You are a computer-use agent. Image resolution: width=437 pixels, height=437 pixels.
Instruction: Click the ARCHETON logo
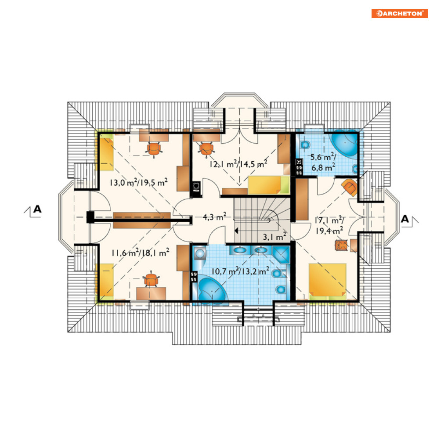400,13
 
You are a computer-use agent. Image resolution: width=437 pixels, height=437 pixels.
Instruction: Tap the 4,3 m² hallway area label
214,217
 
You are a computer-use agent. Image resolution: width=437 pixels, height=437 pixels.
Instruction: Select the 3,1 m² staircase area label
274,237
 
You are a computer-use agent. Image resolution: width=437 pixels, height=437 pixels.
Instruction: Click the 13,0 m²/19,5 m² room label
138,183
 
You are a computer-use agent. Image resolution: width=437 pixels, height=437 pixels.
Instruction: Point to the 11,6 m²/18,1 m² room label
140,253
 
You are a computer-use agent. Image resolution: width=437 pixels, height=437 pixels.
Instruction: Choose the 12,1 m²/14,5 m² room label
238,164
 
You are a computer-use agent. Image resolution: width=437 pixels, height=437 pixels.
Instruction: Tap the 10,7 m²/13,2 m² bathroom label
240,271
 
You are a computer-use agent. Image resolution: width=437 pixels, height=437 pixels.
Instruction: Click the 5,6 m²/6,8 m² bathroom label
323,162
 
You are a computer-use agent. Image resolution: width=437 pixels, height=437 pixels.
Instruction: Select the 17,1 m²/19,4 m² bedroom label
329,225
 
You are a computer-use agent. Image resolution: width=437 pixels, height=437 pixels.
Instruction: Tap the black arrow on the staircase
236,231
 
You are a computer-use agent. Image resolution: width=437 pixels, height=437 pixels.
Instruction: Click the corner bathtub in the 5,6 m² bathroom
343,144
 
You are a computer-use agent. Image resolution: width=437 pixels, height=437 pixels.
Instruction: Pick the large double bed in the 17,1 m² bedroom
328,282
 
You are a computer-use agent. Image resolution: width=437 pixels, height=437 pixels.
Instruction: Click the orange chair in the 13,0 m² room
154,149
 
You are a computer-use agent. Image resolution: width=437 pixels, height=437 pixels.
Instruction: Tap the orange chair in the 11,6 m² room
151,279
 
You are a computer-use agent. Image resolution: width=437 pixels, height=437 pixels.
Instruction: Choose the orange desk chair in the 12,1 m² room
206,148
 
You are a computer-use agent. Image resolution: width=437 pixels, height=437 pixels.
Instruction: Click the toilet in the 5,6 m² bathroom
305,145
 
